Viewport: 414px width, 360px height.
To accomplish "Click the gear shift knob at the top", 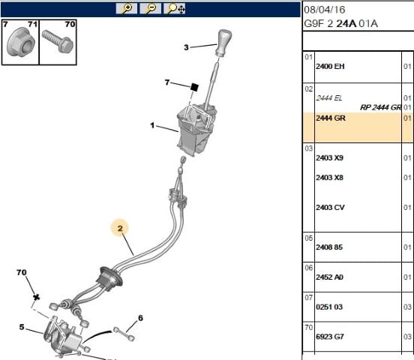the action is pyautogui.click(x=224, y=43).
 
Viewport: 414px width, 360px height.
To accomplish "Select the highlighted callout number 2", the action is pyautogui.click(x=120, y=228).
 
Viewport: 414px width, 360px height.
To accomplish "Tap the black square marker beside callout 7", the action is pyautogui.click(x=194, y=87).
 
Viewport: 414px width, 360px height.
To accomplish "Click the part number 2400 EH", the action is pyautogui.click(x=330, y=66).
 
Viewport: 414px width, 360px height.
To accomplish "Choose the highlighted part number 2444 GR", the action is pyautogui.click(x=331, y=118).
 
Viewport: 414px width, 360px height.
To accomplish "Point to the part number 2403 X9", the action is pyautogui.click(x=329, y=157).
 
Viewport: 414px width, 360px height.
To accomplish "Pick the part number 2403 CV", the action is pyautogui.click(x=330, y=207).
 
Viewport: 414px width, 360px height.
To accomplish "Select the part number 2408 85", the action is pyautogui.click(x=329, y=247).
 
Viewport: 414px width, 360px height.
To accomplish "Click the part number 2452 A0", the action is pyautogui.click(x=329, y=277).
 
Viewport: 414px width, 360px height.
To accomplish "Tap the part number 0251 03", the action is pyautogui.click(x=329, y=307).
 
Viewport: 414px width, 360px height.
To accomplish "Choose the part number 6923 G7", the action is pyautogui.click(x=330, y=337).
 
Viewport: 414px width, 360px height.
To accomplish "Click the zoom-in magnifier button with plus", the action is pyautogui.click(x=127, y=8).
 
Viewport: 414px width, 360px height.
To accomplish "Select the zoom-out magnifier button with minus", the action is pyautogui.click(x=150, y=8).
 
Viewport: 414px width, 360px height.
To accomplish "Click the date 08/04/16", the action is pyautogui.click(x=325, y=10).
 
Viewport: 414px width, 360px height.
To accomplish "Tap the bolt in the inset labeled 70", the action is pyautogui.click(x=58, y=41).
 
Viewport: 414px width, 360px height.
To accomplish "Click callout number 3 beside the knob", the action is pyautogui.click(x=186, y=47).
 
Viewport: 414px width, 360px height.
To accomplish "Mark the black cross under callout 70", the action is pyautogui.click(x=37, y=297).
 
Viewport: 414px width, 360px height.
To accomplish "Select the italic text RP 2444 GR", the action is pyautogui.click(x=380, y=107).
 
